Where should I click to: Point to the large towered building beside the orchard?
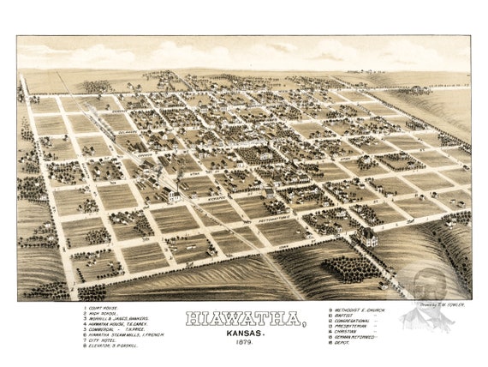click(368, 236)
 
